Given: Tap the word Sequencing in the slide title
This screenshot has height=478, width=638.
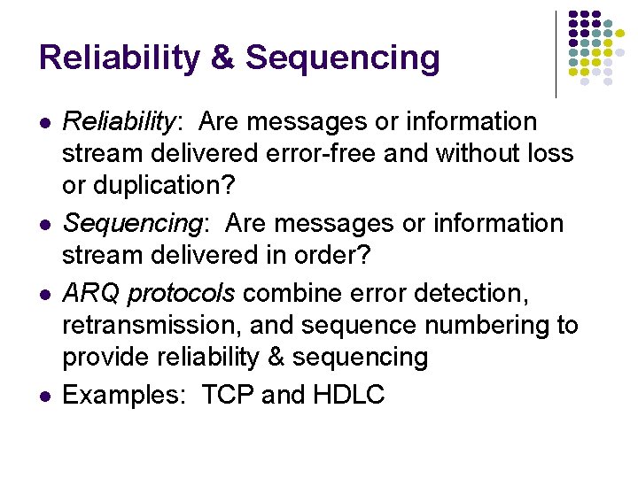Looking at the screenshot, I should coord(342,58).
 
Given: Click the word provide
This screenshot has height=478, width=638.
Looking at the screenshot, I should coord(106,358).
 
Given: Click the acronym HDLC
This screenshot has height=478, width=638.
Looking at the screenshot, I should coord(349,395).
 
